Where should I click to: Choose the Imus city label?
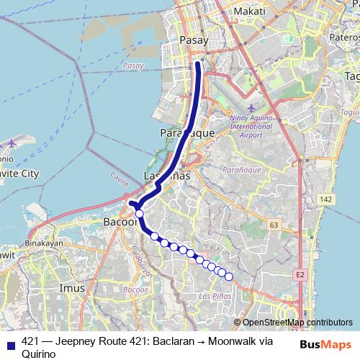(73, 288)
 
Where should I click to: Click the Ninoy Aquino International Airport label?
(251, 127)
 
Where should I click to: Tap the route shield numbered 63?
(274, 225)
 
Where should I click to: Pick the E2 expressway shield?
(300, 274)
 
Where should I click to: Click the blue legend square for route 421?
(10, 342)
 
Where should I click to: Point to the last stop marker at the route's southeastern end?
(229, 276)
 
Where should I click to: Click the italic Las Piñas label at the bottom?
(215, 296)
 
